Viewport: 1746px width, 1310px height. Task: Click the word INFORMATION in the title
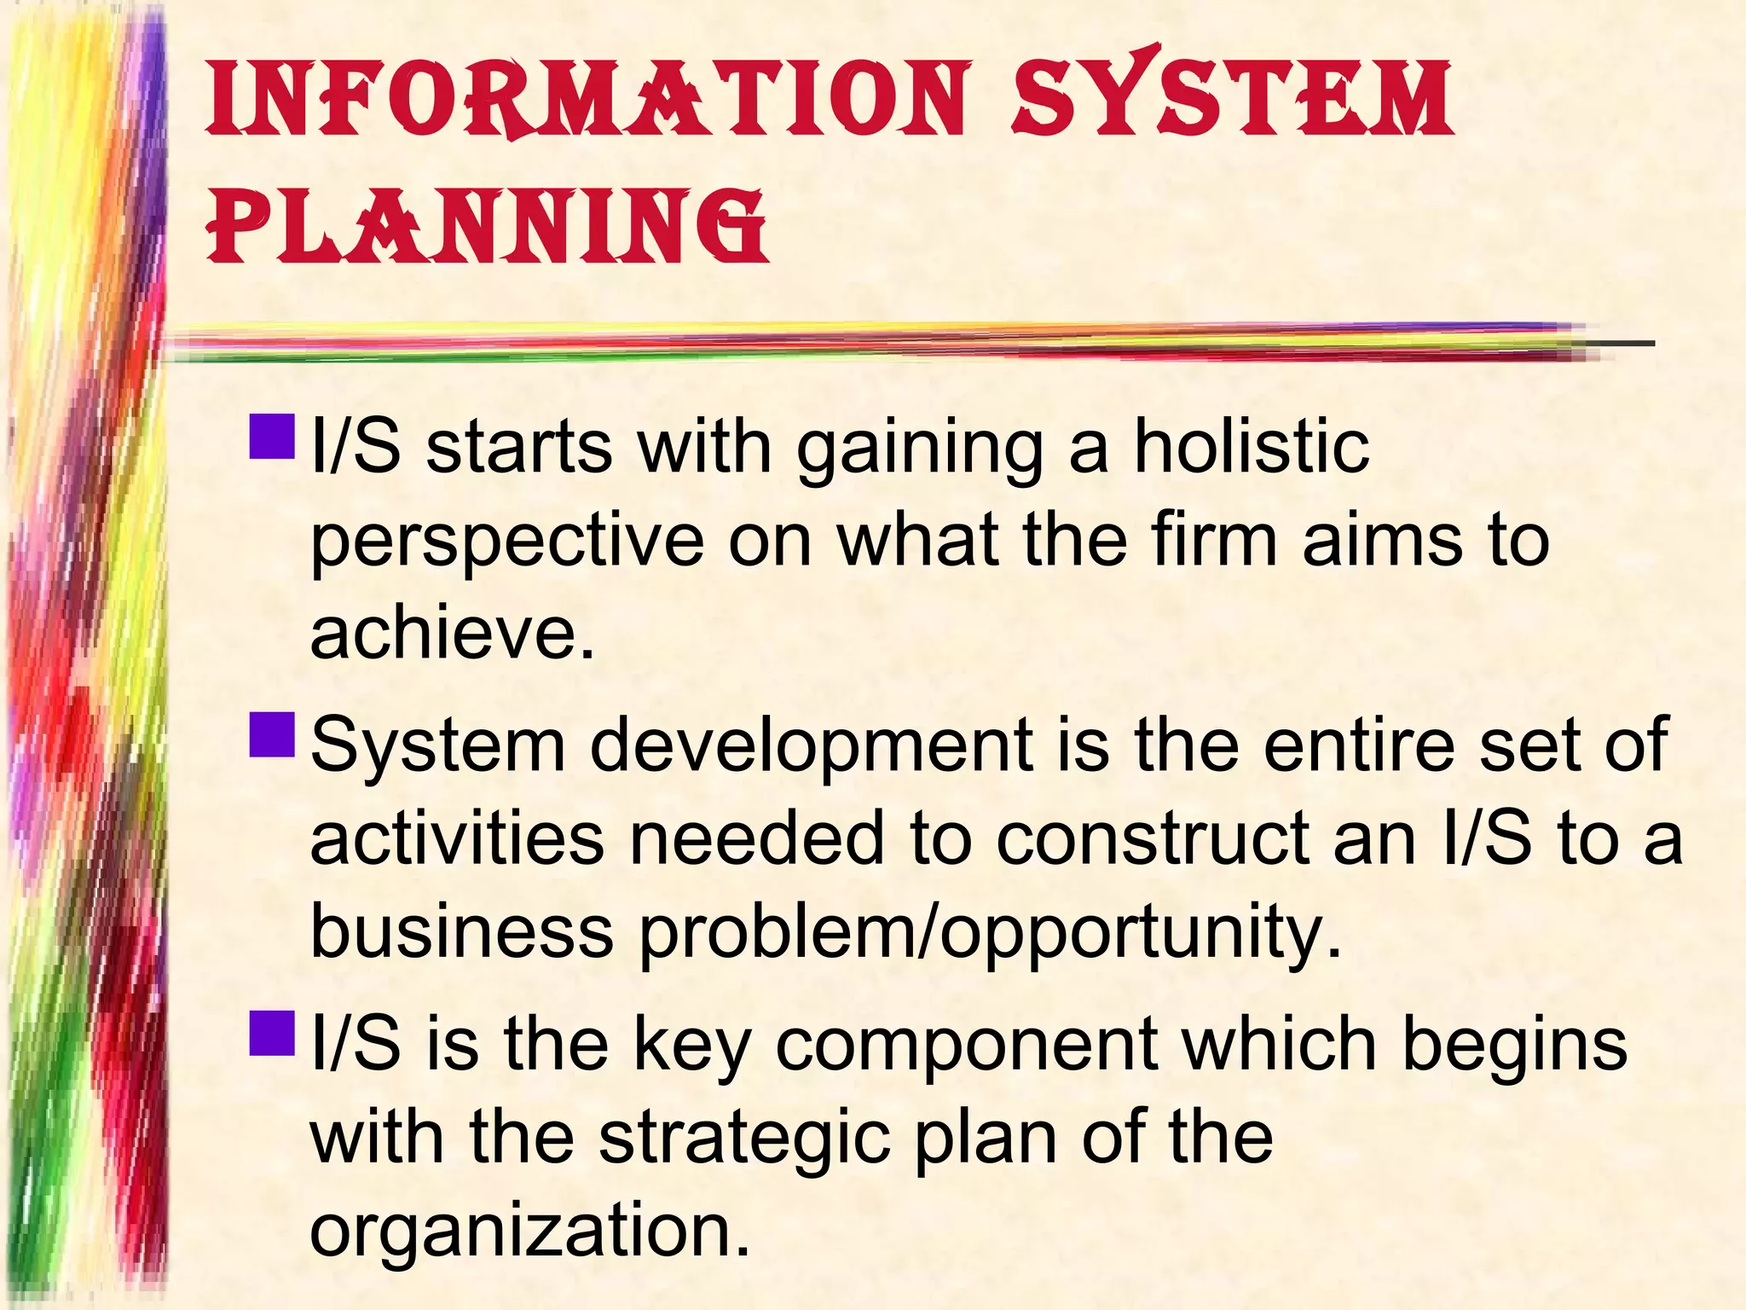point(587,101)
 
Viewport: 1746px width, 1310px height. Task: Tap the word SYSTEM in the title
point(1233,96)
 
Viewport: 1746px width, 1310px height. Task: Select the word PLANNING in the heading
point(487,226)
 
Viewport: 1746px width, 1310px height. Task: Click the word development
point(812,745)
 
